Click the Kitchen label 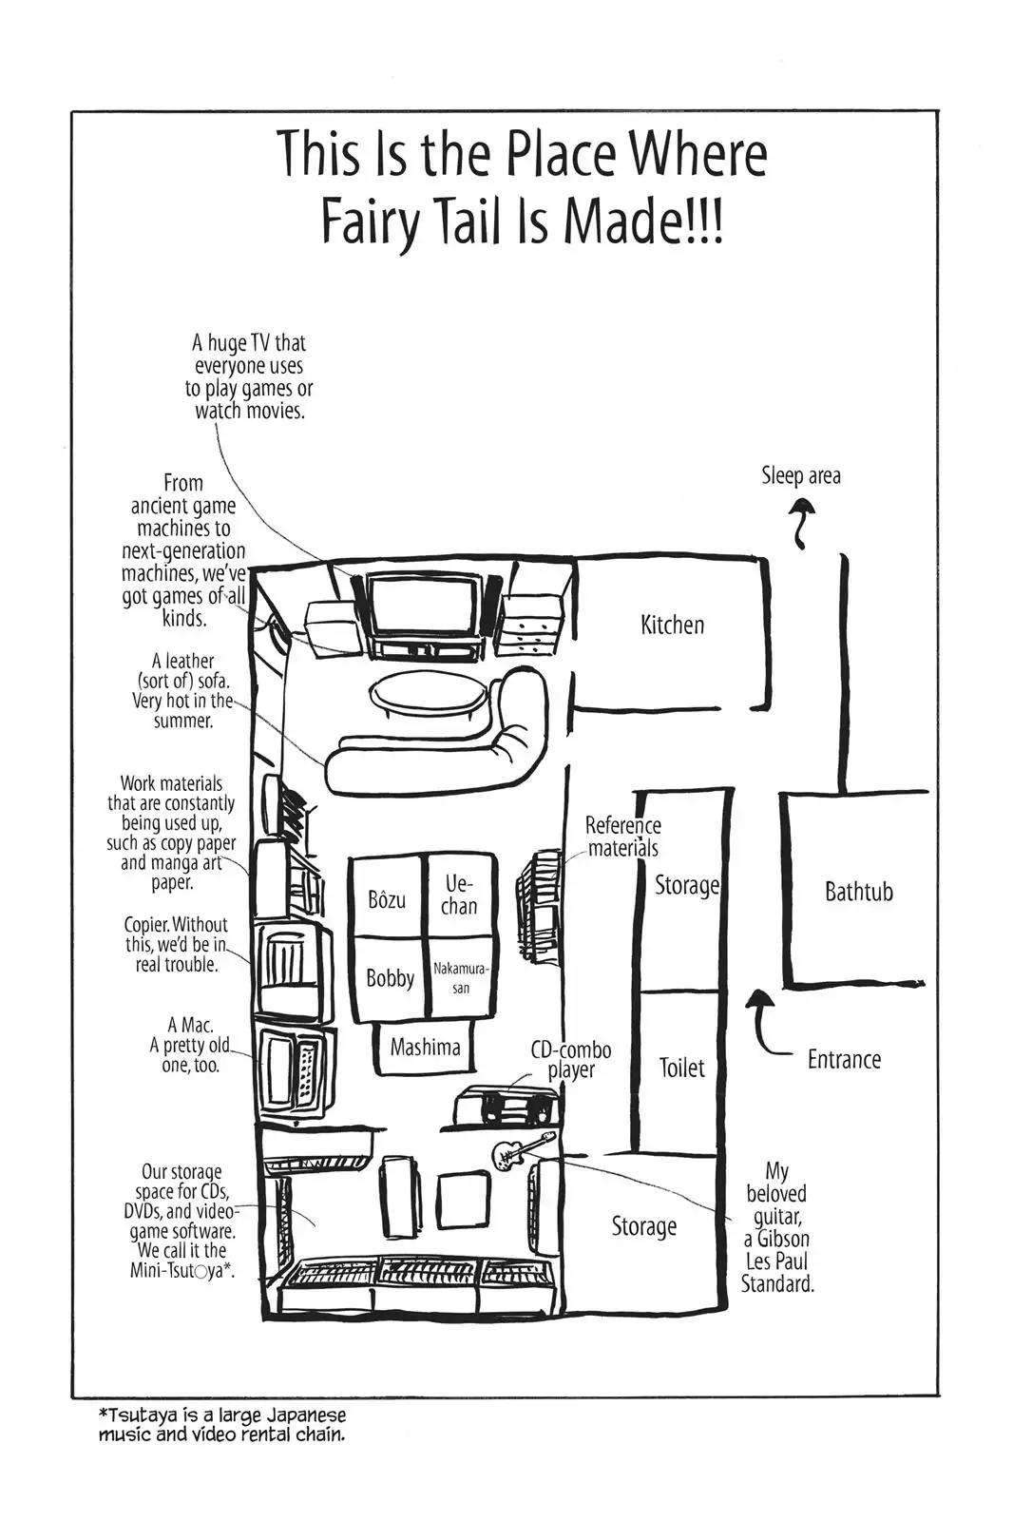(x=672, y=626)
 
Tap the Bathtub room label (x=858, y=892)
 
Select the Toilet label (x=681, y=1068)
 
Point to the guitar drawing (x=521, y=1150)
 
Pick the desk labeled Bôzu (x=387, y=898)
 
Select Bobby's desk (x=390, y=978)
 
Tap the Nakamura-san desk (x=460, y=978)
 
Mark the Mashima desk (x=425, y=1048)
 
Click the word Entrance (x=844, y=1059)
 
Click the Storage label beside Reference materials (x=686, y=886)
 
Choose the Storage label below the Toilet (x=643, y=1226)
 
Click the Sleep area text (x=800, y=475)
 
